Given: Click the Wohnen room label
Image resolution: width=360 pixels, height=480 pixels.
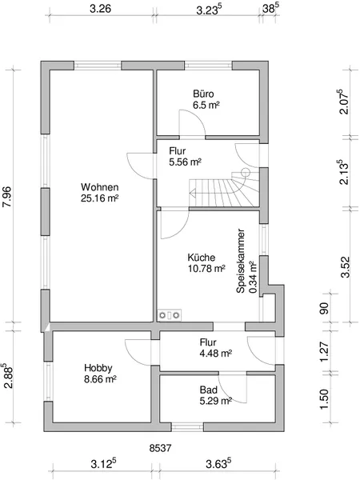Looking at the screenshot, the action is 100,186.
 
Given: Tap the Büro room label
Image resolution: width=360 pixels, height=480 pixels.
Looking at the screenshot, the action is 203,94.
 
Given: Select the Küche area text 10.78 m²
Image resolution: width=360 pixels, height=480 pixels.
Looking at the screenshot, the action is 206,269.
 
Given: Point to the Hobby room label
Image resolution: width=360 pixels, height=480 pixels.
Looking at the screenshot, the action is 98,368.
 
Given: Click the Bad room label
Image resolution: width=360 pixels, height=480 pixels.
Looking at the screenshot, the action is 209,390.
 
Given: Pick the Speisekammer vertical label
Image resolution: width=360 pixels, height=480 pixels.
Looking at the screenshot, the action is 241,261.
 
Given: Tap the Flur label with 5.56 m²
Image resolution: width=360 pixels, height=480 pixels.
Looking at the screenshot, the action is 178,151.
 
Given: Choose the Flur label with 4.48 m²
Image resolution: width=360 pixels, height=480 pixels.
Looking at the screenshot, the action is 208,342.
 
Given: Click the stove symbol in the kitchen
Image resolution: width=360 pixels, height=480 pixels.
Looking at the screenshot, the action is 170,315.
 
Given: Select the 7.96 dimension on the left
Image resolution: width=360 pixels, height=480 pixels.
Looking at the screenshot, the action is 6,197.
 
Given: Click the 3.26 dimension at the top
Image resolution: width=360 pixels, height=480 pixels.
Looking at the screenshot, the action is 101,9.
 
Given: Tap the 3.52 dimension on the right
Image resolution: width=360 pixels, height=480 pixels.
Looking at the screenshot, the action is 345,267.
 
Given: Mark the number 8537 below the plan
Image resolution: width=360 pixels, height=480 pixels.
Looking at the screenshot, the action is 161,448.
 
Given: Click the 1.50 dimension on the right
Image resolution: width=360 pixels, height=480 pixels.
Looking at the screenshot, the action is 323,398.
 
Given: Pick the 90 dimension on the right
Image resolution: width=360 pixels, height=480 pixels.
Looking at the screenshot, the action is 323,308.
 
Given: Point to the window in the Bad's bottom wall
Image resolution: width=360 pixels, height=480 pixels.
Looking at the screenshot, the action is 187,427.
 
